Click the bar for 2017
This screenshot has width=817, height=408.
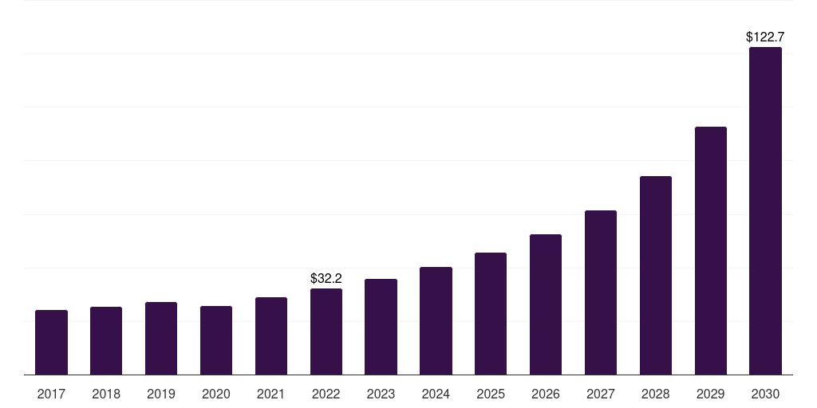coord(52,343)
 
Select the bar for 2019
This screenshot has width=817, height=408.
coord(161,338)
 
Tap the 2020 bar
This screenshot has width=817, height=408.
coord(216,340)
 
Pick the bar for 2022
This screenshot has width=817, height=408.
coord(326,331)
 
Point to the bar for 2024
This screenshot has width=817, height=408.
coord(436,320)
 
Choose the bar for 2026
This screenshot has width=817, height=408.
coord(546,304)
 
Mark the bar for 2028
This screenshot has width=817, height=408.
coord(656,275)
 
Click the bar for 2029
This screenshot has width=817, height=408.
coord(711,250)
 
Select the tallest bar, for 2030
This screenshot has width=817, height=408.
coord(765,210)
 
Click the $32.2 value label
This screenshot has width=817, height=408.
coord(326,278)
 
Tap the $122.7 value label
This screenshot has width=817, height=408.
coord(765,37)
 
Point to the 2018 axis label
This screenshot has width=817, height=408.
coord(106,394)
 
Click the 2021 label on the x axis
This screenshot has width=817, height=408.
coord(271,394)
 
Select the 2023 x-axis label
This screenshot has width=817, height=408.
coord(381,394)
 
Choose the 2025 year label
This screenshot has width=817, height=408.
coord(491,394)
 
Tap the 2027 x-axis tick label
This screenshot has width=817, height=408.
coord(601,394)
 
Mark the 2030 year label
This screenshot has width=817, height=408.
coord(765,394)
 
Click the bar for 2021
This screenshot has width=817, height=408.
coord(271,335)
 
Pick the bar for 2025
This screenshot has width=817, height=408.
coord(491,313)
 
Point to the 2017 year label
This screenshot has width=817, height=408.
coord(52,394)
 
